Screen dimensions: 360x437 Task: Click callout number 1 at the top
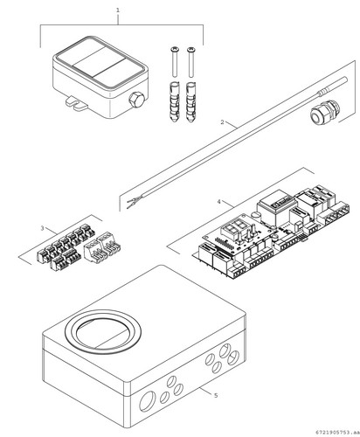118,10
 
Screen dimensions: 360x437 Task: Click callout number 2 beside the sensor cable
223,122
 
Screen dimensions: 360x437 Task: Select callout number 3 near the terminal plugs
42,228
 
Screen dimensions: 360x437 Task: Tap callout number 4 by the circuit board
219,202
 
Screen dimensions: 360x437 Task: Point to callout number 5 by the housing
216,395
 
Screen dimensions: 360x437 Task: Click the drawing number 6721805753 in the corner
336,432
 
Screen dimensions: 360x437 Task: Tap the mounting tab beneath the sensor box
76,104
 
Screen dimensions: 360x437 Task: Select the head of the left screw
174,49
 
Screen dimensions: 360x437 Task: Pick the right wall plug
190,102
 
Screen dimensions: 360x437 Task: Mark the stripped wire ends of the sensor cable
133,202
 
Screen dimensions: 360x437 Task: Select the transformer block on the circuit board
276,207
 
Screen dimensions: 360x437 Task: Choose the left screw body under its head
174,64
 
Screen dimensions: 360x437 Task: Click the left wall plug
174,102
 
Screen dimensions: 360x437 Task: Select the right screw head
190,49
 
